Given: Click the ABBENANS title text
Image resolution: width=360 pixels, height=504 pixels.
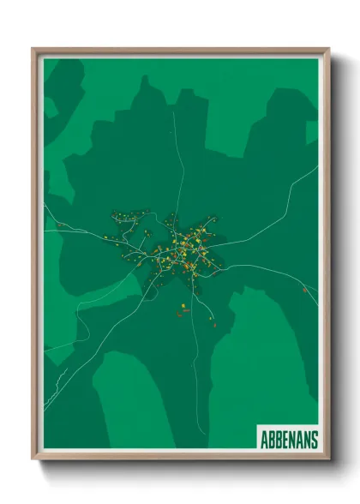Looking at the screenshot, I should [x=289, y=440].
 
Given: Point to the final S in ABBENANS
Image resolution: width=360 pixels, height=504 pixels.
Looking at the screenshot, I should [x=314, y=440].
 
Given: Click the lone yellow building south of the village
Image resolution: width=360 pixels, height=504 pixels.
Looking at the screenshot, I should [x=183, y=306].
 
